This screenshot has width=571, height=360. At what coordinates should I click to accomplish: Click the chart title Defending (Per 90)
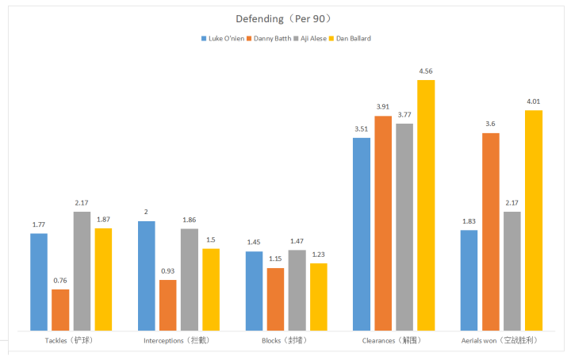coord(285,17)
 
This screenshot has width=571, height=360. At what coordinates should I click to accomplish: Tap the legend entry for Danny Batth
coord(271,38)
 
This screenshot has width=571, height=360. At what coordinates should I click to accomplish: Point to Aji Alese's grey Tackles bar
coord(82,270)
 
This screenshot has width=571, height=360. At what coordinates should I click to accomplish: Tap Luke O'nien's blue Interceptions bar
coord(147,275)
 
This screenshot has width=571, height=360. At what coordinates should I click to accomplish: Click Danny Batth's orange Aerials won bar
coord(491,232)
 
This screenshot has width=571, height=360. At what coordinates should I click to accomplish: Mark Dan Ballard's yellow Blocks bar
coord(319,297)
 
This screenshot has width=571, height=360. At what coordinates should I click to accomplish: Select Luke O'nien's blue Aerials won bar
coord(469,280)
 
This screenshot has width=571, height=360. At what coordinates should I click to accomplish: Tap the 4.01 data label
coord(534,102)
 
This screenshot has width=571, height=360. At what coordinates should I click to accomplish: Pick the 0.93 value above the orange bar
coord(168,272)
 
